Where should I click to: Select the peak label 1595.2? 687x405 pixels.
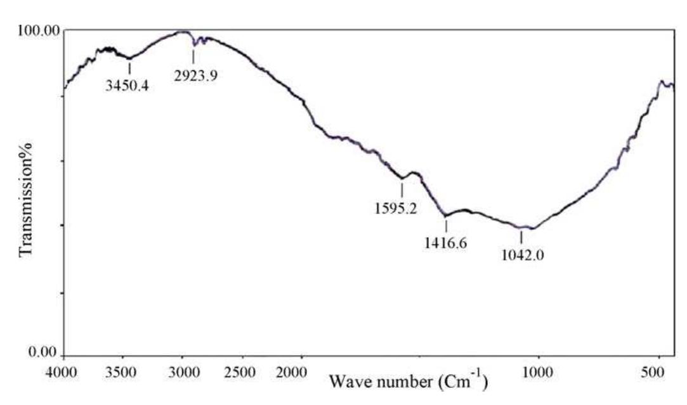[x=396, y=207]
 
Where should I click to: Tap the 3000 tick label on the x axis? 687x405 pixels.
[x=183, y=371]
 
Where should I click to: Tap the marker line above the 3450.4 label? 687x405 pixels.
[x=129, y=66]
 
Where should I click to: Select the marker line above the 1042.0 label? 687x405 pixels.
[x=521, y=237]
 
